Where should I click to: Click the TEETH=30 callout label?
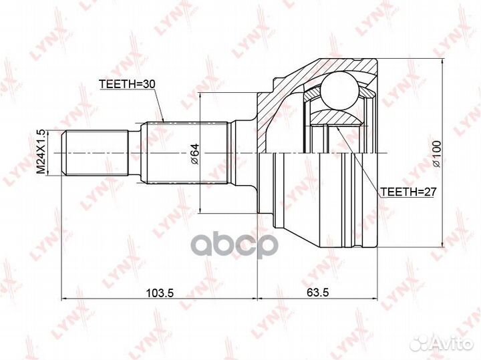pyautogui.click(x=128, y=84)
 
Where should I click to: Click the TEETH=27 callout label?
pyautogui.click(x=408, y=192)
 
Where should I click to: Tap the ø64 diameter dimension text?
pyautogui.click(x=195, y=154)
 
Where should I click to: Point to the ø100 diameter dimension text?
pyautogui.click(x=436, y=154)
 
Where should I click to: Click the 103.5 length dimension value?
pyautogui.click(x=160, y=293)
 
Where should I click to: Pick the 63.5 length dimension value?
pyautogui.click(x=317, y=293)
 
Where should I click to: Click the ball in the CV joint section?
pyautogui.click(x=340, y=90)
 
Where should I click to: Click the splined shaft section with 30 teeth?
pyautogui.click(x=186, y=153)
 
